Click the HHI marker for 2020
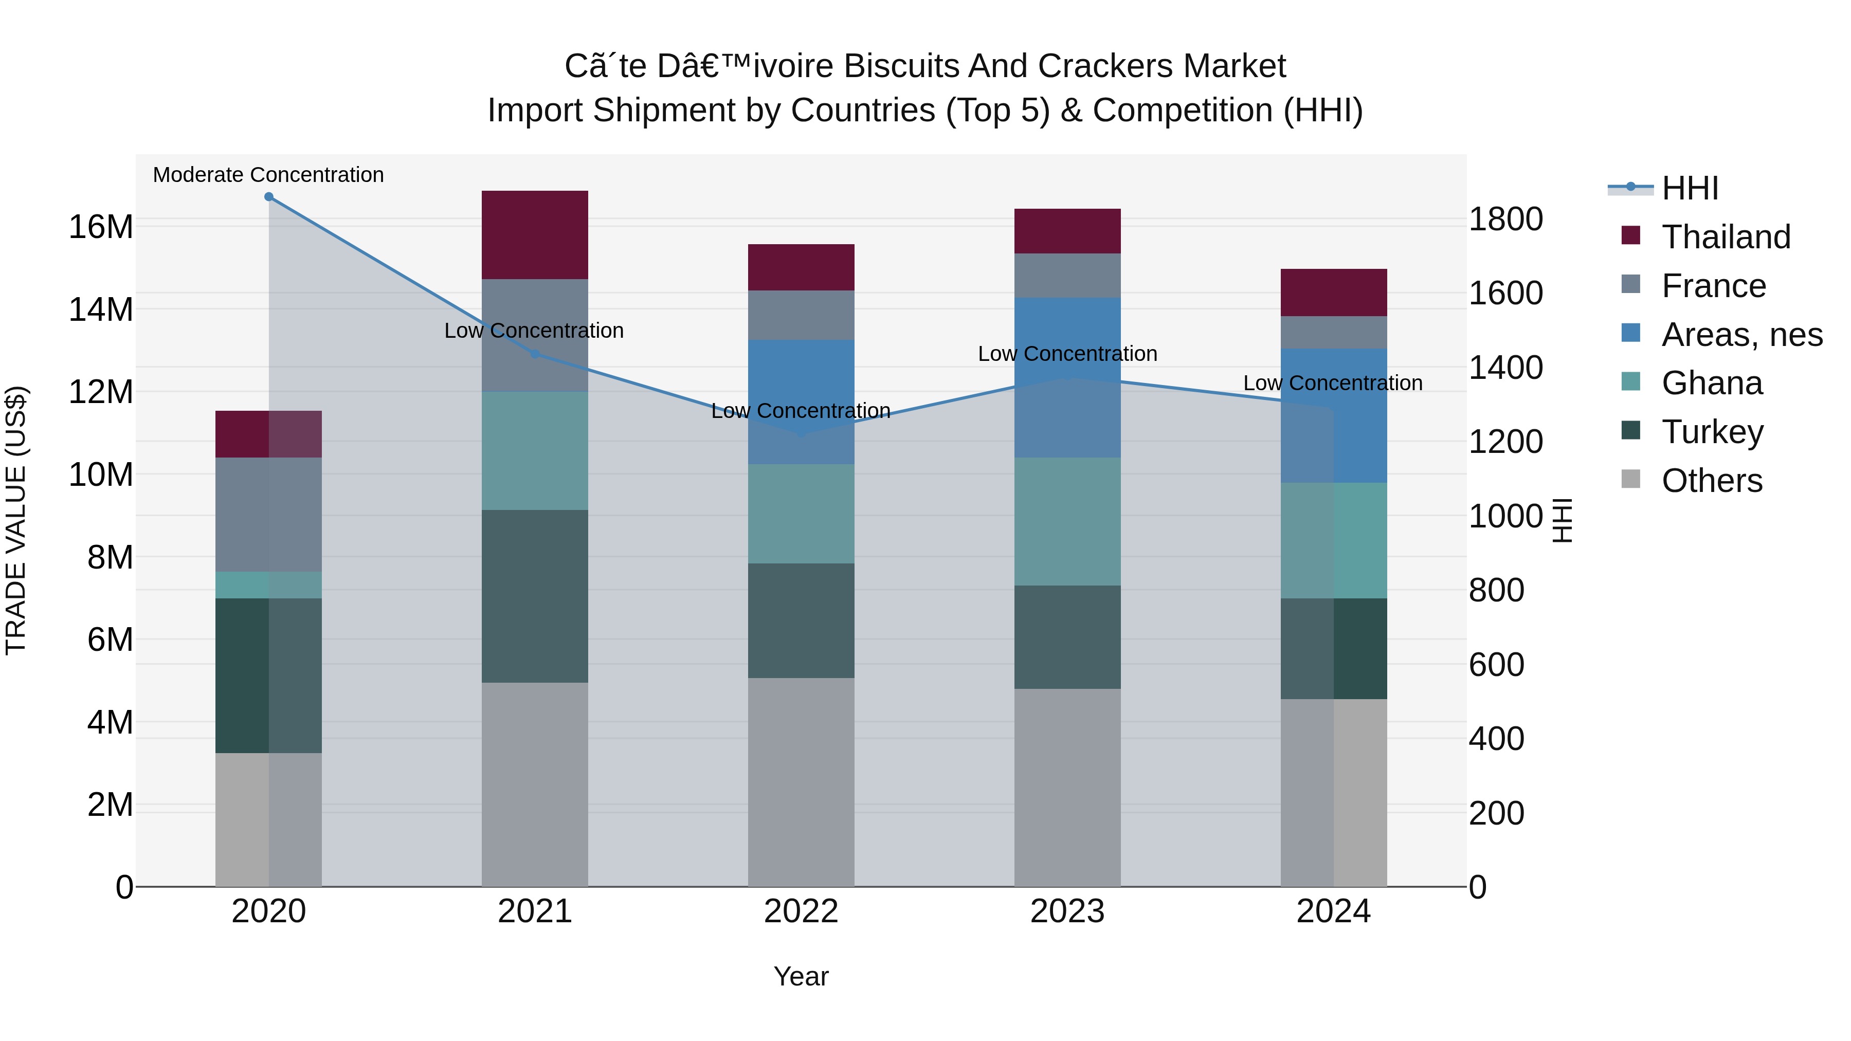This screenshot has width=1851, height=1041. click(x=269, y=197)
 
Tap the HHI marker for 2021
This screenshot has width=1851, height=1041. click(x=535, y=354)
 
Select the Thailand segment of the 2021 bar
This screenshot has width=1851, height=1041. click(x=535, y=235)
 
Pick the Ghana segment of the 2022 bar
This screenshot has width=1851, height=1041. click(x=801, y=514)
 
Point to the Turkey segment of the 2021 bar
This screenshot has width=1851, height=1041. click(x=535, y=596)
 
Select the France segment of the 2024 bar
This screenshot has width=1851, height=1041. click(x=1334, y=333)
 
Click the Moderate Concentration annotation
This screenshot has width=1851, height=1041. click(x=269, y=175)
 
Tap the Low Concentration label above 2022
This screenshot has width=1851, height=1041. click(x=801, y=411)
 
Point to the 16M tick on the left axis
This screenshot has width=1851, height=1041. click(x=101, y=227)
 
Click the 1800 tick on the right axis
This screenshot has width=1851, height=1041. click(x=1505, y=219)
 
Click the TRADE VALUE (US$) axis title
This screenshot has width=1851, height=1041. click(x=16, y=520)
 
